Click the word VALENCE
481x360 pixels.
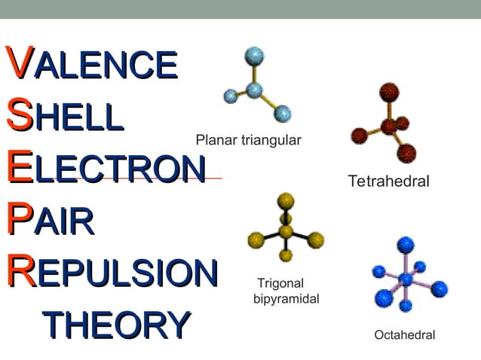click(x=91, y=64)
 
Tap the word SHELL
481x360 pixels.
click(x=64, y=117)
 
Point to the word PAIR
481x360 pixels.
click(x=50, y=221)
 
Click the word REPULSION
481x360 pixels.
click(x=112, y=273)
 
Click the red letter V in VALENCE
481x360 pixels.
click(x=19, y=63)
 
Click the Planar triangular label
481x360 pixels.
click(x=248, y=140)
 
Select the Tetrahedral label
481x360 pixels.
click(x=388, y=182)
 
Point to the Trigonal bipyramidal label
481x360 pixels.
click(x=287, y=291)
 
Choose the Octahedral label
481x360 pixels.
click(x=405, y=335)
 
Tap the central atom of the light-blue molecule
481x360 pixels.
click(x=254, y=90)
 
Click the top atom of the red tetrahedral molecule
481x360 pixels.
click(x=389, y=93)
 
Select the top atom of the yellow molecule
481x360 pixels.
click(x=286, y=200)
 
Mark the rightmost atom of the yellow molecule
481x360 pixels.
click(x=316, y=241)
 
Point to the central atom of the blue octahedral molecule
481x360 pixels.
click(x=406, y=279)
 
